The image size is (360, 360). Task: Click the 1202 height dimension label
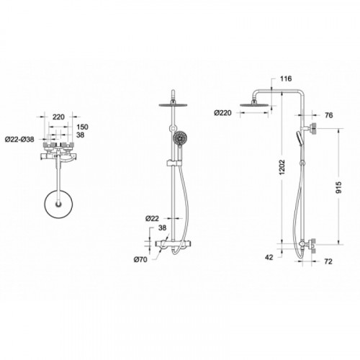282,167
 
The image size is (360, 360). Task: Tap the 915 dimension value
338,188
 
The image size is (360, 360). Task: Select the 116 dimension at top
286,78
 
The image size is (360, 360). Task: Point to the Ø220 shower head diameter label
223,113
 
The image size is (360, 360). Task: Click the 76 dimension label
329,115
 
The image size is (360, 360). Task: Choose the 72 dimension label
328,261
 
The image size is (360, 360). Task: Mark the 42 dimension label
269,257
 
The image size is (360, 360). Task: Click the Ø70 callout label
140,259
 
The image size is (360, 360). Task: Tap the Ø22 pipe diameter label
152,218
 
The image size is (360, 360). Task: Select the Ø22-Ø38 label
19,139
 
